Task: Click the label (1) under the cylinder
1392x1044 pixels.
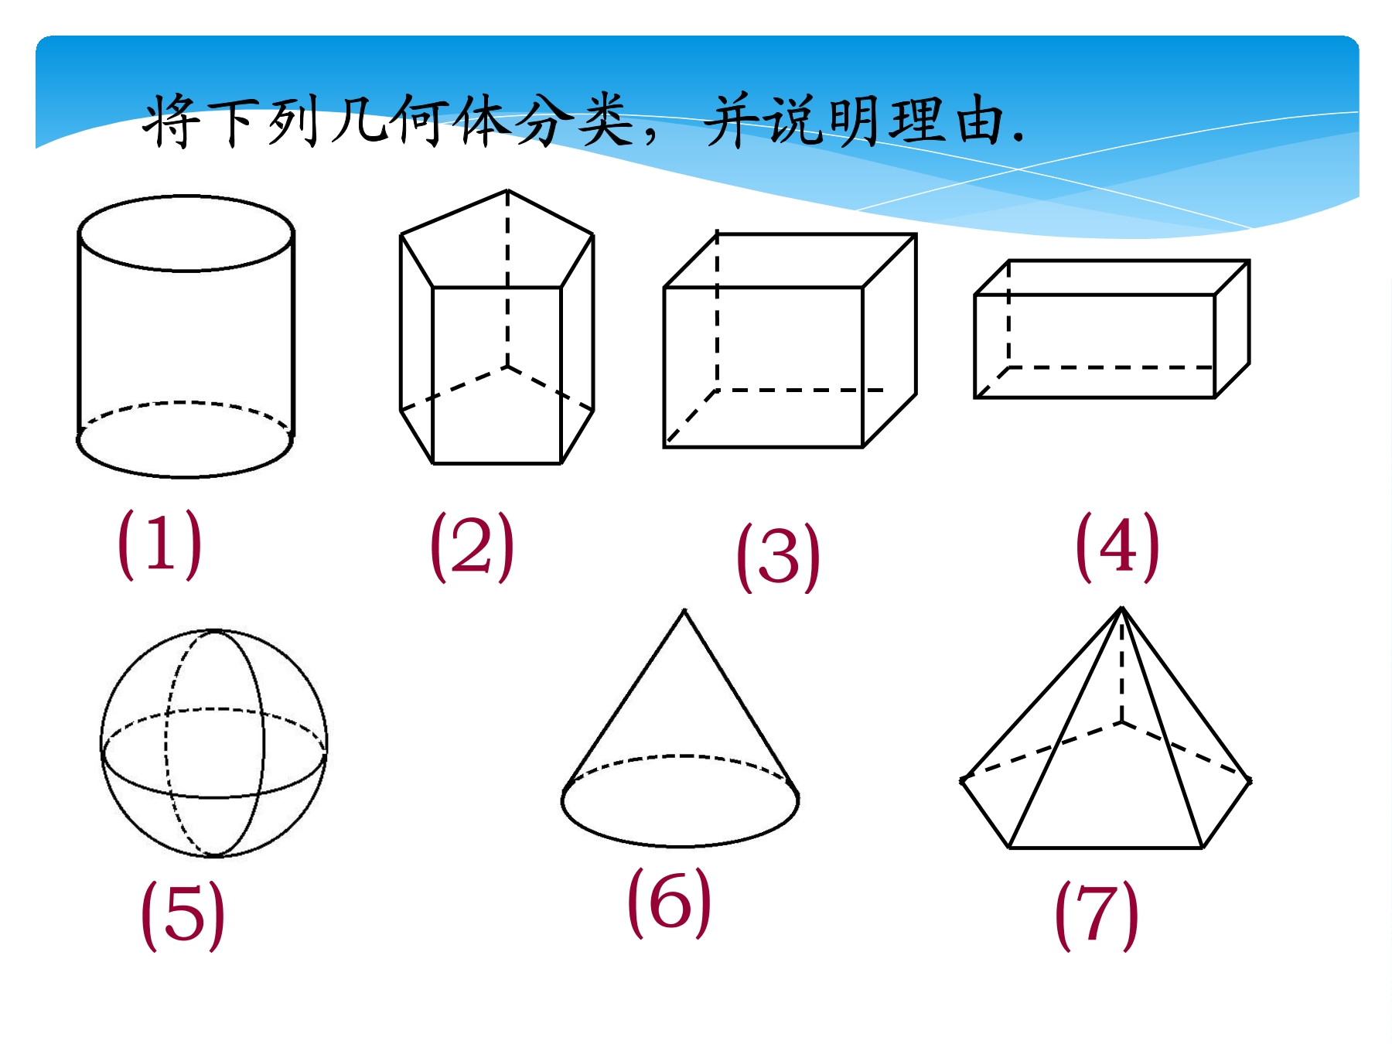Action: pos(159,543)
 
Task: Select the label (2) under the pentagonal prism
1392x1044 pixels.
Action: pos(472,546)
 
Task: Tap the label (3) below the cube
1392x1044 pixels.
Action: pos(778,557)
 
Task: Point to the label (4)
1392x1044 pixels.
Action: pos(1117,546)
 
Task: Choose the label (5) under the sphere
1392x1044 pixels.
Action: pos(183,915)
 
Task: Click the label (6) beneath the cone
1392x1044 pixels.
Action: pos(669,902)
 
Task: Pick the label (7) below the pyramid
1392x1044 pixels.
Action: pos(1097,915)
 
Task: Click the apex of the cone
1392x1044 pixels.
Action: pos(684,610)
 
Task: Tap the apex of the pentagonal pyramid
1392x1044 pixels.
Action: pos(1122,608)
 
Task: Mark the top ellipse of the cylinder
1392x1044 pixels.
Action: pos(186,196)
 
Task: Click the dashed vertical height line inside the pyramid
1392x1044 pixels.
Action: pos(1122,667)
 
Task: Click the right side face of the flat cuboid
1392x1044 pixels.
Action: pos(1232,329)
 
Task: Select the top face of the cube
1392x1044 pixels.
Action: pos(790,261)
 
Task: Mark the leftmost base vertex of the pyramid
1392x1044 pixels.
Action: pos(963,780)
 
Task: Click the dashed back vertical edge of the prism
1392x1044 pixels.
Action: pos(507,278)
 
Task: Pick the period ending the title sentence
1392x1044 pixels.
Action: pos(1018,140)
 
